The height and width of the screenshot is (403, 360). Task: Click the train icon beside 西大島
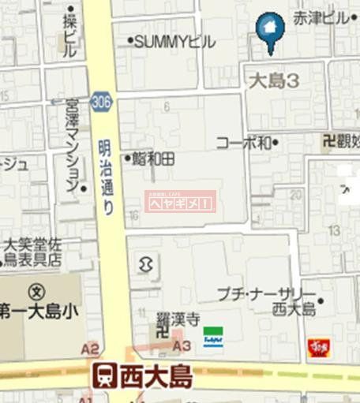(103, 375)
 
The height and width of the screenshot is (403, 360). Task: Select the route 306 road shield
(101, 101)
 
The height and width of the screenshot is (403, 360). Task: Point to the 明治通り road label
(106, 177)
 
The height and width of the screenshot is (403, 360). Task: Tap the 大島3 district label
(272, 80)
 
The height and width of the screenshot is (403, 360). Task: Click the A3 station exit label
(182, 345)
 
